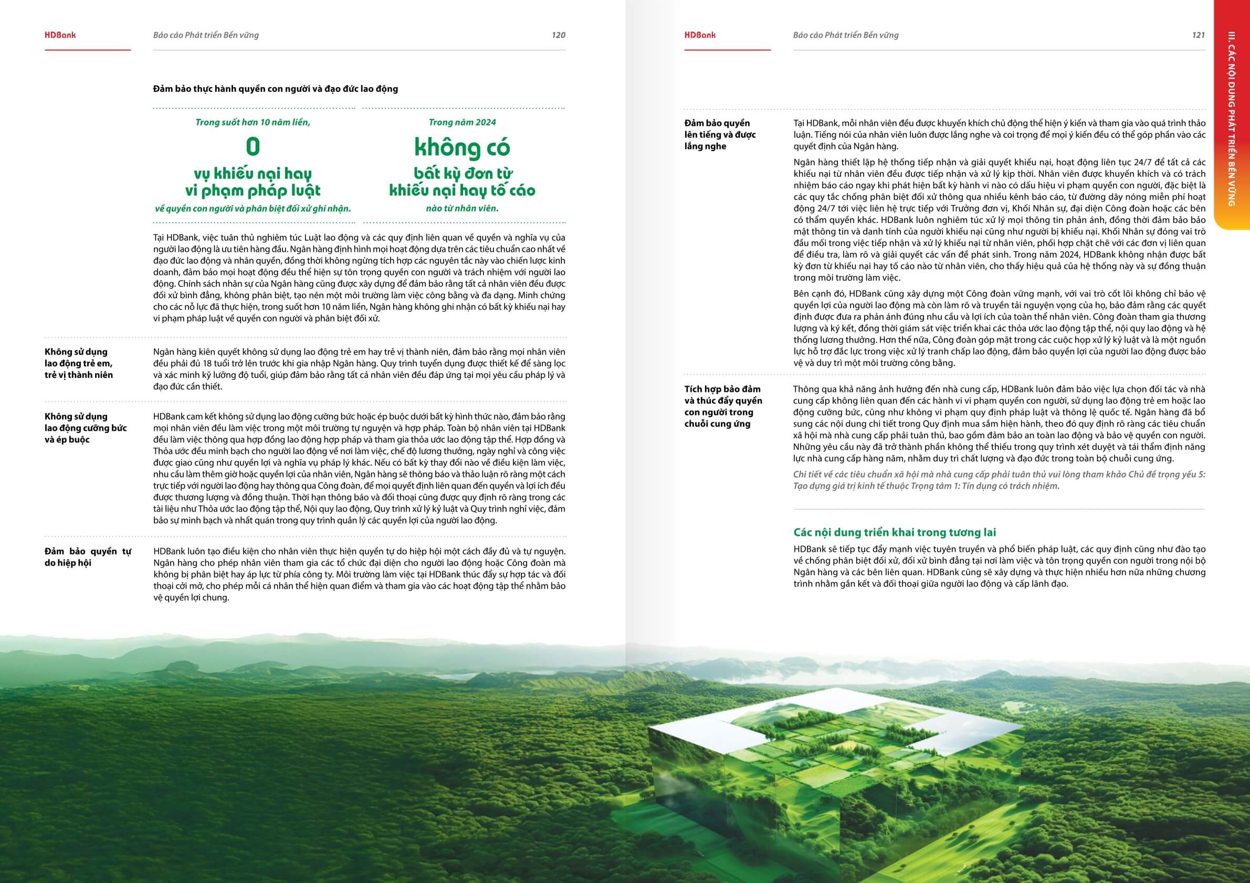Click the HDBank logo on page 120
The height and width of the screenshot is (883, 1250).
click(60, 35)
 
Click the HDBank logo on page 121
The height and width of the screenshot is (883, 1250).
click(700, 35)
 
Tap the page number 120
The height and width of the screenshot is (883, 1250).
click(558, 35)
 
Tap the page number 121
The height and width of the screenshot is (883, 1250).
click(1198, 35)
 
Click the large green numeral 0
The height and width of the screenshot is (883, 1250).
click(253, 147)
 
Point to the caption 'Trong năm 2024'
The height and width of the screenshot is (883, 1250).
click(461, 122)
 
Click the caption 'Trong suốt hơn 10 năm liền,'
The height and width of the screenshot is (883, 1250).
click(253, 122)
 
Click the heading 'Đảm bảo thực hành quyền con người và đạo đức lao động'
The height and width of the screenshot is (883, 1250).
click(276, 89)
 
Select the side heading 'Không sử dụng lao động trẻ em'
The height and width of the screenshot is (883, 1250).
click(79, 363)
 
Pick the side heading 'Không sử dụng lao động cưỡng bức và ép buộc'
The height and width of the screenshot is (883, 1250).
click(86, 428)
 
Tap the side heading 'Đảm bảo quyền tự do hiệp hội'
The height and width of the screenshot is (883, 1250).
click(88, 557)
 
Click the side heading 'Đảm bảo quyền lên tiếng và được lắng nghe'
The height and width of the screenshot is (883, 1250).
click(720, 134)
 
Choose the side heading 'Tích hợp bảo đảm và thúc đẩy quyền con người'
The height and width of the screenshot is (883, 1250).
click(722, 406)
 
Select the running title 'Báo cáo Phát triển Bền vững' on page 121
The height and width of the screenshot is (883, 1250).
click(845, 35)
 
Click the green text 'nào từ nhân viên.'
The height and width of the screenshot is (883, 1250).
click(461, 208)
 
